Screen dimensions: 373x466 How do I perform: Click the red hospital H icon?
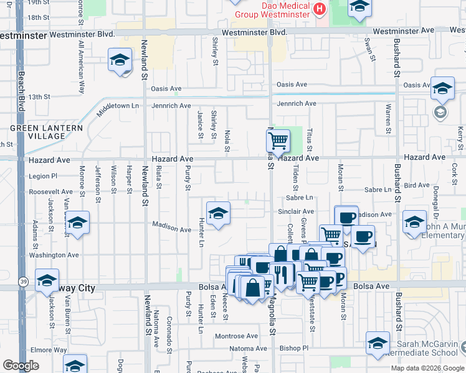pos(320,8)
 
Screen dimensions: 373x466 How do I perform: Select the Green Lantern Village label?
pos(46,132)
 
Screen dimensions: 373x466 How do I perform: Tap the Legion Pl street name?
pos(42,177)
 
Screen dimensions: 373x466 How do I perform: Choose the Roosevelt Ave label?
pos(50,192)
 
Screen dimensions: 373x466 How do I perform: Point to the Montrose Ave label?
pos(236,336)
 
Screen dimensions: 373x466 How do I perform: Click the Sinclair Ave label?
pos(296,212)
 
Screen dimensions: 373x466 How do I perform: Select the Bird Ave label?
pos(417,185)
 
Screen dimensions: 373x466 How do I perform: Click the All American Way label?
pos(81,68)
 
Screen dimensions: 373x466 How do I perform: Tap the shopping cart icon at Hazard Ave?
pos(278,140)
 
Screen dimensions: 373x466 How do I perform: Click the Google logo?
pos(21,366)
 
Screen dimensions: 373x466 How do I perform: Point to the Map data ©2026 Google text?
pos(427,368)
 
